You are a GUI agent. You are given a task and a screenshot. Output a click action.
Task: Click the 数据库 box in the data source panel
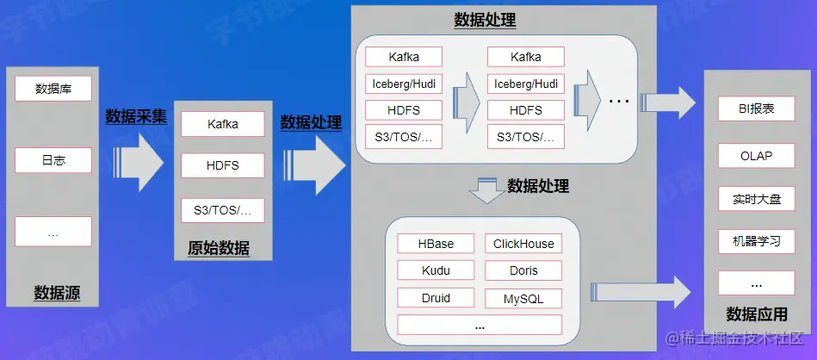tap(53, 89)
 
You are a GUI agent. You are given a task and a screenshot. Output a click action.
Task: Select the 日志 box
tap(53, 161)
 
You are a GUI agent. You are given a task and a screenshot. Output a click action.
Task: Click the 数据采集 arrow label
tap(136, 116)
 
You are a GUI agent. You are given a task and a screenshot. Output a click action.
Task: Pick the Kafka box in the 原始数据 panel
tap(222, 124)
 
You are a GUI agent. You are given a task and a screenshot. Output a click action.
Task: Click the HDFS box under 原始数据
tap(222, 165)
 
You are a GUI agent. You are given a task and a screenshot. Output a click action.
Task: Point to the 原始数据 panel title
tap(219, 249)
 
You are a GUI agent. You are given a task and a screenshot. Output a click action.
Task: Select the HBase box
tap(436, 244)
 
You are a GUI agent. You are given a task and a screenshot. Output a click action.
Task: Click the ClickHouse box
tap(523, 244)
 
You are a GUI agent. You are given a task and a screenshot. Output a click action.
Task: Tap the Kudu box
tap(436, 270)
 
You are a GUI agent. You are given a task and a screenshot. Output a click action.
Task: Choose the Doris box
tap(523, 270)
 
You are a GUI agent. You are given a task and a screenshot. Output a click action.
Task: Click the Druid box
tap(436, 298)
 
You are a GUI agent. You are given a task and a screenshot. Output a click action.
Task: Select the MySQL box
tap(523, 299)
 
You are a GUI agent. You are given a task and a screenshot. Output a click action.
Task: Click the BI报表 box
tap(756, 109)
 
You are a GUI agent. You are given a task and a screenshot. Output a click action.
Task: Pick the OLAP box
tap(756, 156)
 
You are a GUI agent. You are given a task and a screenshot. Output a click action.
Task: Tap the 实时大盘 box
tap(756, 199)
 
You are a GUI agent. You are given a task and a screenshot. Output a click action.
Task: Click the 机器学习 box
tap(756, 241)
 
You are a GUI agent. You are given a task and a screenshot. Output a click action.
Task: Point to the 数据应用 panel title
tap(757, 313)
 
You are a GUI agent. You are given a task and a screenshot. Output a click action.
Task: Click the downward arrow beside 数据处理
tap(487, 189)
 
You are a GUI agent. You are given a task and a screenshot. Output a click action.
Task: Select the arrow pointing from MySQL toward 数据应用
tap(641, 290)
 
